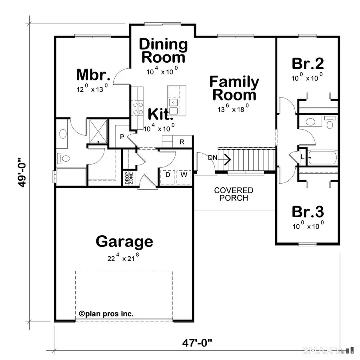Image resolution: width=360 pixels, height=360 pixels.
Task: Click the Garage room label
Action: [x=124, y=242]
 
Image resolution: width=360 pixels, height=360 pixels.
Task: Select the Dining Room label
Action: [x=163, y=50]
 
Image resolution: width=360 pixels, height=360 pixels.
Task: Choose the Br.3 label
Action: [x=307, y=212]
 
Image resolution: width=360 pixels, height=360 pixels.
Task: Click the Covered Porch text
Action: [x=234, y=194]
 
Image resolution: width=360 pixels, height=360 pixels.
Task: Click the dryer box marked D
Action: [x=167, y=175]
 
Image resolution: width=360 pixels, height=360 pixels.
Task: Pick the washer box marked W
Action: [x=184, y=175]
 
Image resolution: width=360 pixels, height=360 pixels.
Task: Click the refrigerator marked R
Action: [x=182, y=142]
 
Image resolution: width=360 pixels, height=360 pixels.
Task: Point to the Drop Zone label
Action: [x=126, y=178]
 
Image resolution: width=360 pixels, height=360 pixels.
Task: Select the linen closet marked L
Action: [x=302, y=156]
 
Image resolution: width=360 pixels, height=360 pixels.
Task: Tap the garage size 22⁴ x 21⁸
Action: [x=124, y=258]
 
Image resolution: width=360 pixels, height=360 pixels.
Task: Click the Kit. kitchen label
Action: [x=160, y=114]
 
